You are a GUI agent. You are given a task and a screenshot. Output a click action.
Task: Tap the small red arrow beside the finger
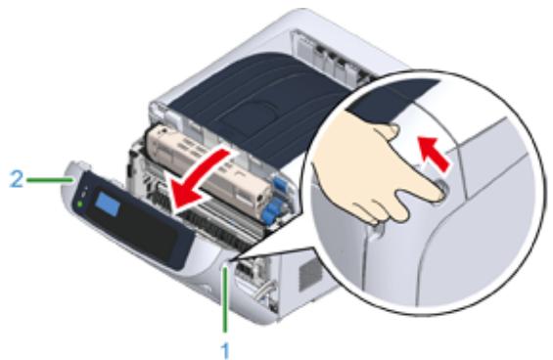tap(431, 156)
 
